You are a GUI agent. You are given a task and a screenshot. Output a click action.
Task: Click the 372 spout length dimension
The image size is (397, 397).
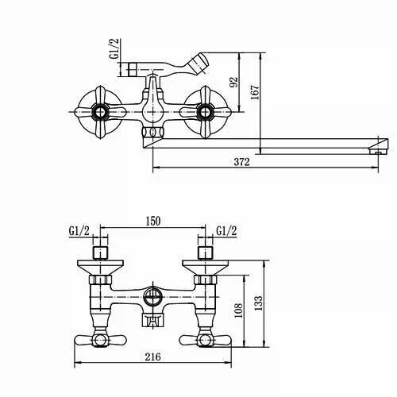coord(241,162)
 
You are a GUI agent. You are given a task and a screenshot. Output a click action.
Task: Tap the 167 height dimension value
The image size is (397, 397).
coord(255,92)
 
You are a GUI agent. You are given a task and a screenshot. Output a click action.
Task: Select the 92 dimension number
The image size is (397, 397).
coord(233,82)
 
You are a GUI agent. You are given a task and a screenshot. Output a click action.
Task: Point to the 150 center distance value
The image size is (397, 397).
coord(153,221)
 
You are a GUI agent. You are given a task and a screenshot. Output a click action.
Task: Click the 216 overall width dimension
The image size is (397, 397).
coord(152,357)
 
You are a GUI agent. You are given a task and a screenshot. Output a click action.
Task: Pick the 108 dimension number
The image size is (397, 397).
coord(238,310)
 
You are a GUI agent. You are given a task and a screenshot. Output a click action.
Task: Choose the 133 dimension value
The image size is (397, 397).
coord(259,303)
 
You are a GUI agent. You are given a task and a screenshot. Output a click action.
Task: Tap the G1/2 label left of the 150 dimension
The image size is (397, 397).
coord(79,231)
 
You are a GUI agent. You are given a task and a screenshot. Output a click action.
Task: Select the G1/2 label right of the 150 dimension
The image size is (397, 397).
coord(226,231)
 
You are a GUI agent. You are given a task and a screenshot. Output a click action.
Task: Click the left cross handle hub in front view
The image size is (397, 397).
coord(100,112)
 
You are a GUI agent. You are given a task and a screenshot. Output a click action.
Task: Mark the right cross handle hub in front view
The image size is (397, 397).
coord(204,112)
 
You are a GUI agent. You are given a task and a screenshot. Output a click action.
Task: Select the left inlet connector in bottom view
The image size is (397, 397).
coord(101,252)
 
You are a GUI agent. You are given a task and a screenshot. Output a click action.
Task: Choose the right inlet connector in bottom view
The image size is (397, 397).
coord(206,252)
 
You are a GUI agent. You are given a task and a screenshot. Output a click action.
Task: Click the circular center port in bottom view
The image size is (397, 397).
coord(152,297)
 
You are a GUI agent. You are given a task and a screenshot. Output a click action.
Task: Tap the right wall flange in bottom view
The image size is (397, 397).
coord(205,268)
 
